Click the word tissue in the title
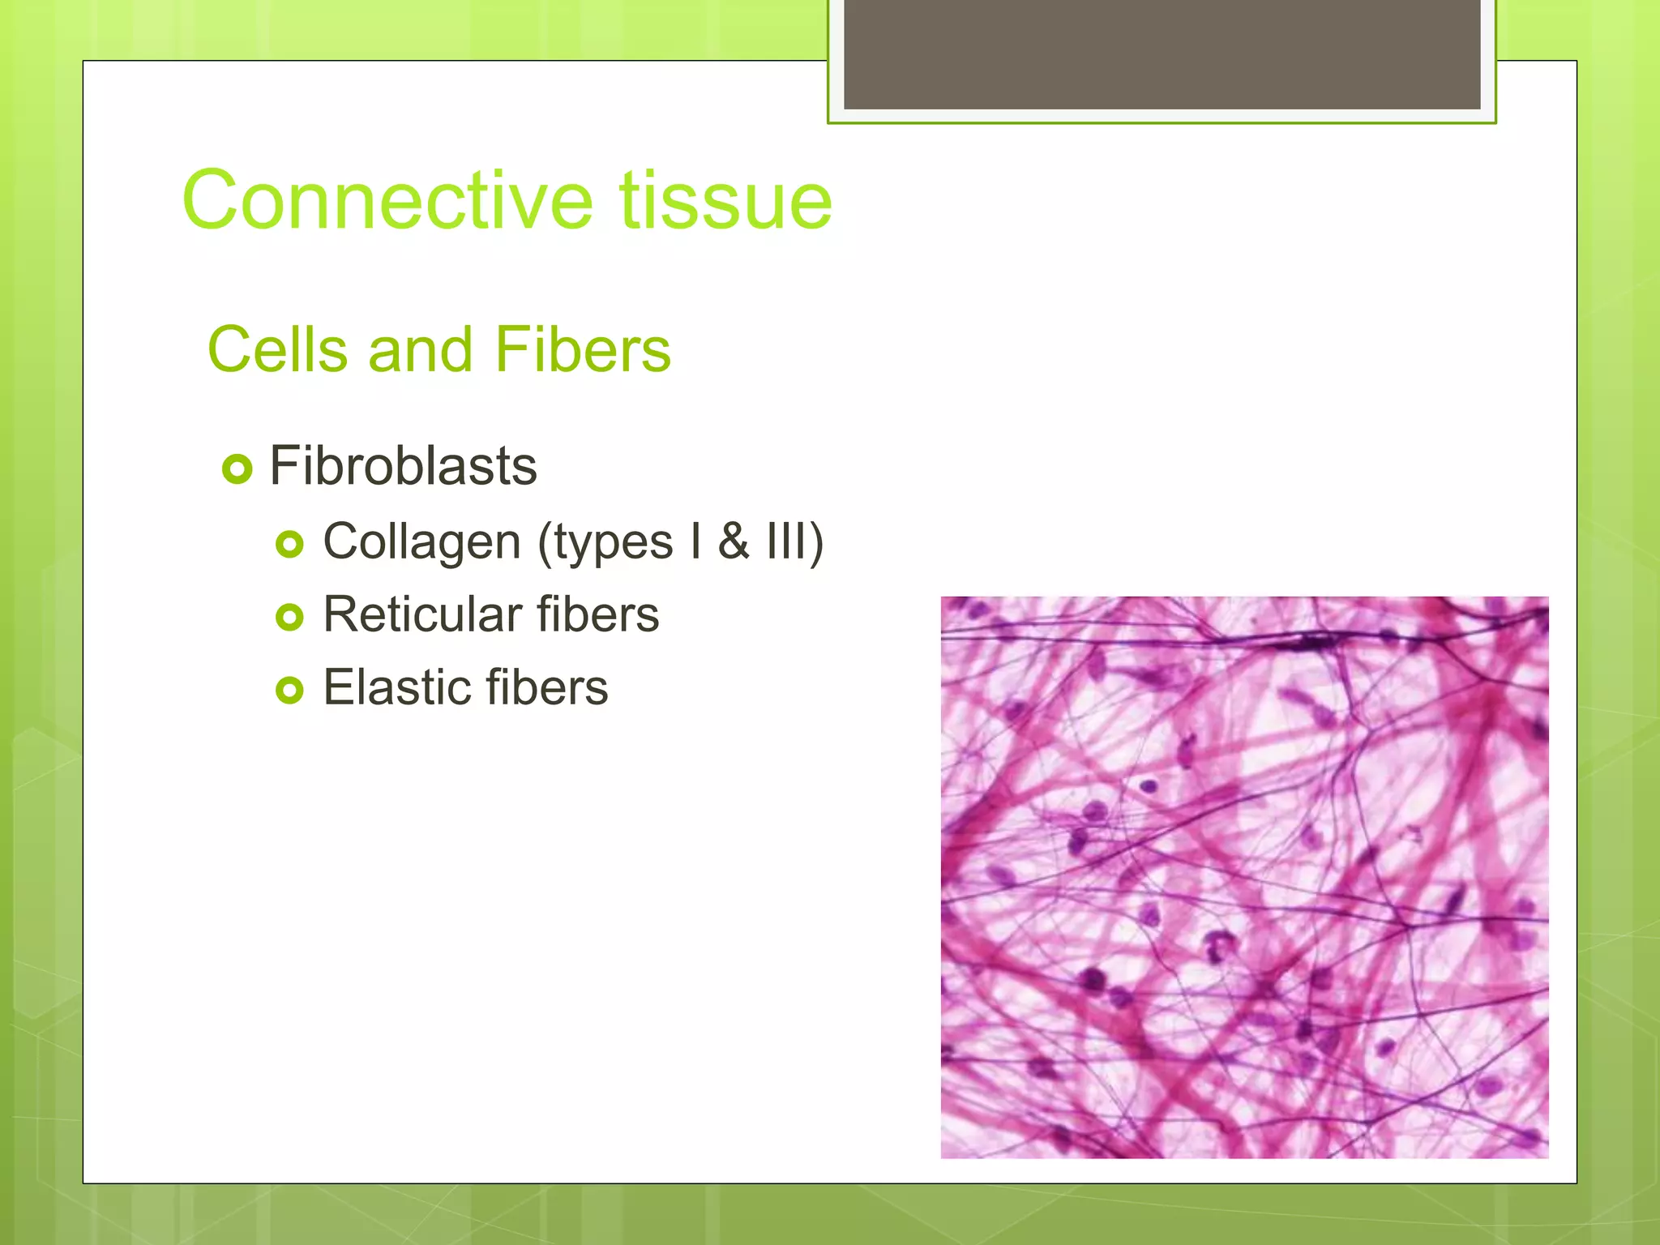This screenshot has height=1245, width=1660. [x=726, y=200]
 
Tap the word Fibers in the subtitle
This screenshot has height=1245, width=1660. [x=582, y=349]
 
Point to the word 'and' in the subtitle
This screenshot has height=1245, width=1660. [x=420, y=349]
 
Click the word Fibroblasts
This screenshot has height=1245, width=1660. [x=403, y=466]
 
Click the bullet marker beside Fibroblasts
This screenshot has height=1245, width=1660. [x=237, y=468]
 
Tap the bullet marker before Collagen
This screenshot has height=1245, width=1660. [x=289, y=544]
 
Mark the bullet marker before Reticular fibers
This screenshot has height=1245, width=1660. [x=289, y=618]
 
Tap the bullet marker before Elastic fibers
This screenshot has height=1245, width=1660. [x=289, y=691]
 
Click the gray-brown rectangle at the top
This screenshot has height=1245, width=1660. [x=1162, y=53]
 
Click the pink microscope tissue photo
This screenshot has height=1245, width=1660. [x=1244, y=877]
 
